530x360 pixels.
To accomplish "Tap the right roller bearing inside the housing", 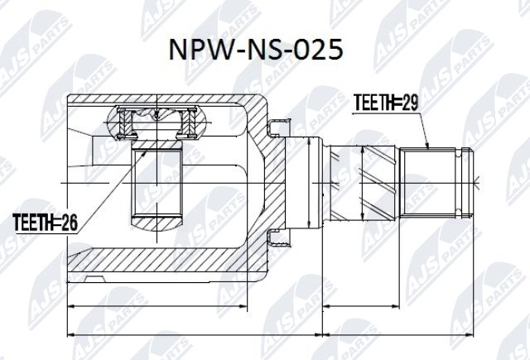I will click(188, 123).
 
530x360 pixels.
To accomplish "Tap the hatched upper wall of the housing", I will click(166, 101).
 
